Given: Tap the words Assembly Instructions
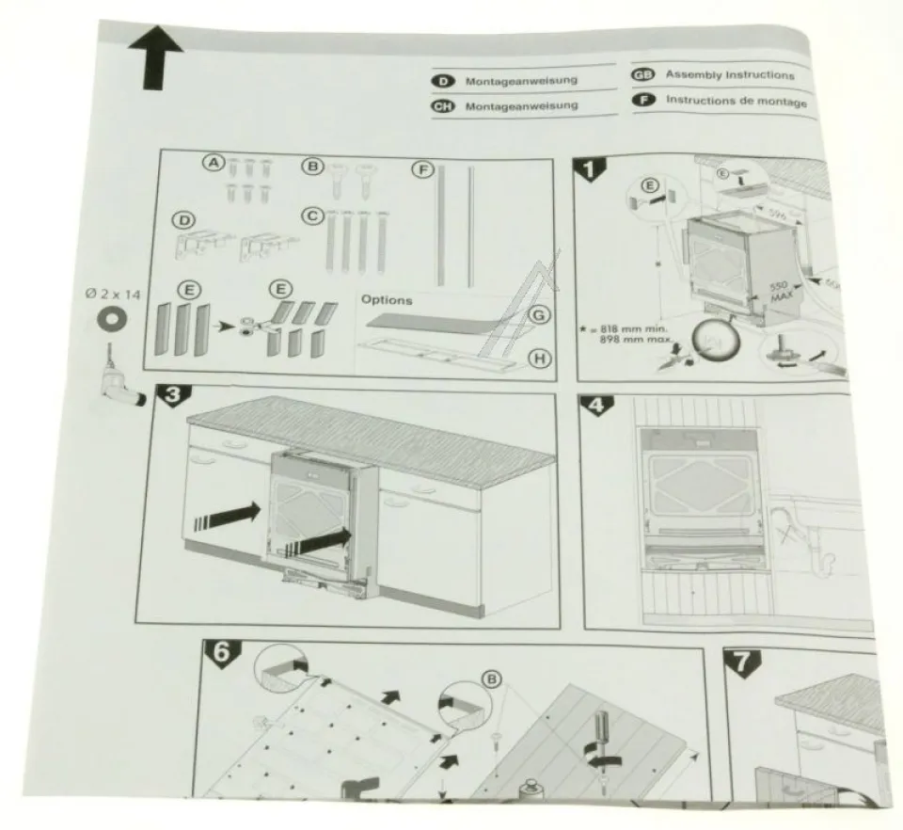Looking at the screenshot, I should [729, 75].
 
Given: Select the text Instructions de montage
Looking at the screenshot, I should [736, 101].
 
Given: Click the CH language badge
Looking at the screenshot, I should [442, 106].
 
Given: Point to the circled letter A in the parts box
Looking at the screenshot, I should [214, 164].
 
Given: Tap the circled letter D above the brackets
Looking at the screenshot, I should [185, 221].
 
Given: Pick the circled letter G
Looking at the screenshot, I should [537, 316].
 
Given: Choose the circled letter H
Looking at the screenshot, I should [538, 357].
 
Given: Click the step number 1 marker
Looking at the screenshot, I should [592, 170].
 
